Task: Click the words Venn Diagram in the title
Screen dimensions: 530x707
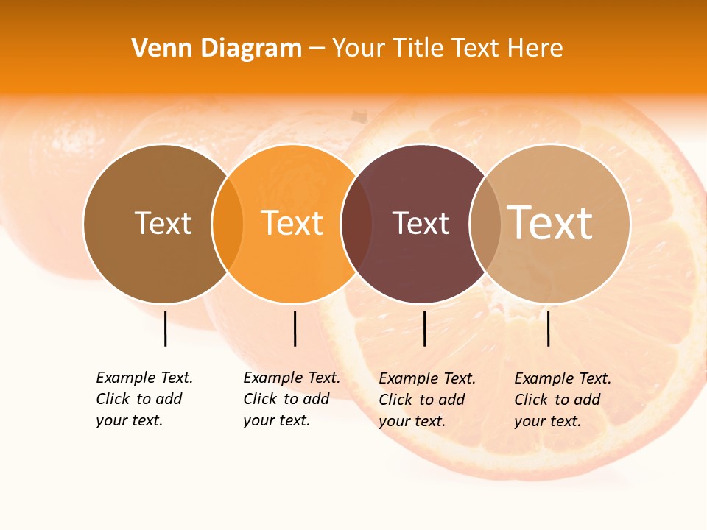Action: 217,49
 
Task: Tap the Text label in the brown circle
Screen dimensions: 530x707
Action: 163,223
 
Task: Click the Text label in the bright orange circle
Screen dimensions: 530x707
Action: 292,223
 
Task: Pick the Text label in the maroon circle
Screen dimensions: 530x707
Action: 421,223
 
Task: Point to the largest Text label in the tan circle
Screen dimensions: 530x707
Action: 549,223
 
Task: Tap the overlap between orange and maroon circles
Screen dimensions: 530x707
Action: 356,223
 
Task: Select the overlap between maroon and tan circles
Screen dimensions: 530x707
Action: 485,223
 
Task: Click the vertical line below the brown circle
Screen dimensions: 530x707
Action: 165,328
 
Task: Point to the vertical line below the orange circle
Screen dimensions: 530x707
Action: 295,328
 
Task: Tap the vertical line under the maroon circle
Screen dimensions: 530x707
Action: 424,328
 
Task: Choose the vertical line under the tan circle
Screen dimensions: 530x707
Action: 548,328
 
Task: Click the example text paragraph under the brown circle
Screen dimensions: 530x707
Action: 144,399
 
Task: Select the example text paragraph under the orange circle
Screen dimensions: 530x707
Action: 292,399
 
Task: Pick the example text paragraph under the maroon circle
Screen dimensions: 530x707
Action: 427,400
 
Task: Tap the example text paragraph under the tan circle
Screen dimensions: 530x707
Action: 563,400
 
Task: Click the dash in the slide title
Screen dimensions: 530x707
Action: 317,49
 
